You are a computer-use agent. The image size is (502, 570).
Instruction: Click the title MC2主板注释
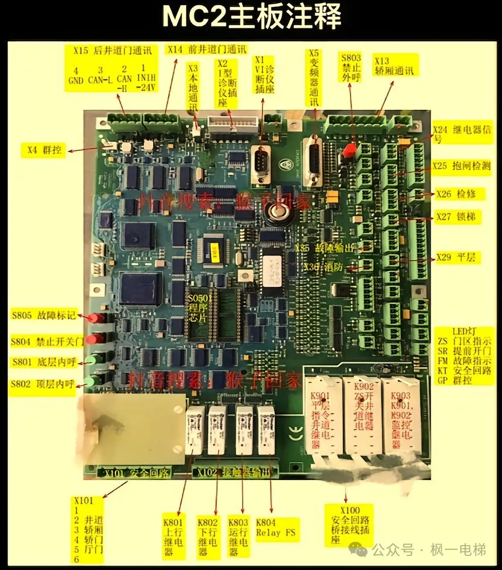(251, 18)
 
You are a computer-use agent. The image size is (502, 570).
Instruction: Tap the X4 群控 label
(43, 150)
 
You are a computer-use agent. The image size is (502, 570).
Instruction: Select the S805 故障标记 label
(44, 316)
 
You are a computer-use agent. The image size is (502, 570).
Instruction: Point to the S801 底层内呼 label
(44, 362)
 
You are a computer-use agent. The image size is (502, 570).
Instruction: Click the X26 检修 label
(455, 194)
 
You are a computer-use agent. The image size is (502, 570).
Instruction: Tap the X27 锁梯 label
(455, 217)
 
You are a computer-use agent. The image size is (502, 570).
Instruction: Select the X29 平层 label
(455, 258)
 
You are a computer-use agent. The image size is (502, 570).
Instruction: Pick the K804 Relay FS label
(276, 529)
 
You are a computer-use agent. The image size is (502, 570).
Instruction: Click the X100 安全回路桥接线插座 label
(350, 524)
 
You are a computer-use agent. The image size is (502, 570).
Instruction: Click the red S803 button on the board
(348, 150)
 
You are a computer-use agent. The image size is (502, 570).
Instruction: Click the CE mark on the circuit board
(290, 432)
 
